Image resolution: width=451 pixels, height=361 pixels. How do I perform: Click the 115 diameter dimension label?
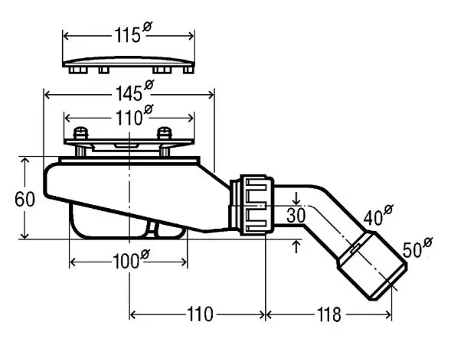133,32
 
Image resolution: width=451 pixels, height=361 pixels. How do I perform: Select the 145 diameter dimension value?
134,90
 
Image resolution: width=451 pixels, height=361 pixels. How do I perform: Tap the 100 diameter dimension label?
131,259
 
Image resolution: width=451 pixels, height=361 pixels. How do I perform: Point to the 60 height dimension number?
25,199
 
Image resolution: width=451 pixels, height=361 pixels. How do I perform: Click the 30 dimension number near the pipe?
296,216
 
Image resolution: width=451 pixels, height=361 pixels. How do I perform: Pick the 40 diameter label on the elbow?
378,214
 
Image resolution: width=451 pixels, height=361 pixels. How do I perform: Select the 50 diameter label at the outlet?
417,247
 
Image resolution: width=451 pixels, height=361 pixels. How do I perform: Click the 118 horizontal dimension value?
328,314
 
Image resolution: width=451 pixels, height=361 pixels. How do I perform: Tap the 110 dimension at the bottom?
200,314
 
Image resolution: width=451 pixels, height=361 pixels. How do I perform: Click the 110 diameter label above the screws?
134,115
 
